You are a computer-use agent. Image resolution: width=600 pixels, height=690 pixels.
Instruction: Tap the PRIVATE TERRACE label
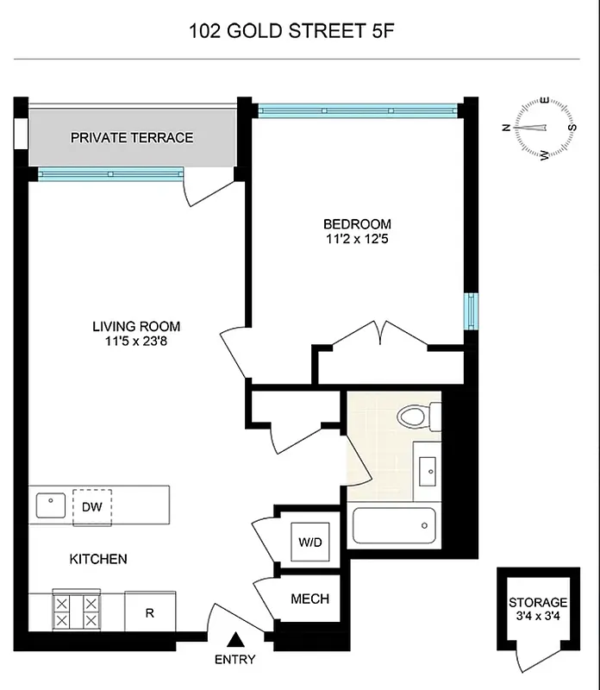pos(132,138)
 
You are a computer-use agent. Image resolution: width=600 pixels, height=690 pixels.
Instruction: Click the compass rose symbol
pos(545,129)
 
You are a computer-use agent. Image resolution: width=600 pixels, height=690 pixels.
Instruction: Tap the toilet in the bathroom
pos(417,417)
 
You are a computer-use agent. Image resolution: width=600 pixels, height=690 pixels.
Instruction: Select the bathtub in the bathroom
pos(393,525)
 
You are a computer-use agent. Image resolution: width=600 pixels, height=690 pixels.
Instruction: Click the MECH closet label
pos(309,599)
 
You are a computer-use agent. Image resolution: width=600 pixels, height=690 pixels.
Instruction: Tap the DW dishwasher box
pos(92,505)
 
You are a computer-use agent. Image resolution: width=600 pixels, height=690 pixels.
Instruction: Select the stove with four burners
pos(77,611)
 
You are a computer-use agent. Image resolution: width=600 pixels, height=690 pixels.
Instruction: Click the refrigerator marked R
pos(149,612)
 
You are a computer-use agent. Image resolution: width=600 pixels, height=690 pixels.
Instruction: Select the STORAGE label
pos(538,602)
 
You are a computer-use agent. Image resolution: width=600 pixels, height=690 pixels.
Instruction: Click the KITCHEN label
pos(98,559)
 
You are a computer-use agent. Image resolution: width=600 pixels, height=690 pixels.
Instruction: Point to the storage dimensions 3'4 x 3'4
pos(538,617)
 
